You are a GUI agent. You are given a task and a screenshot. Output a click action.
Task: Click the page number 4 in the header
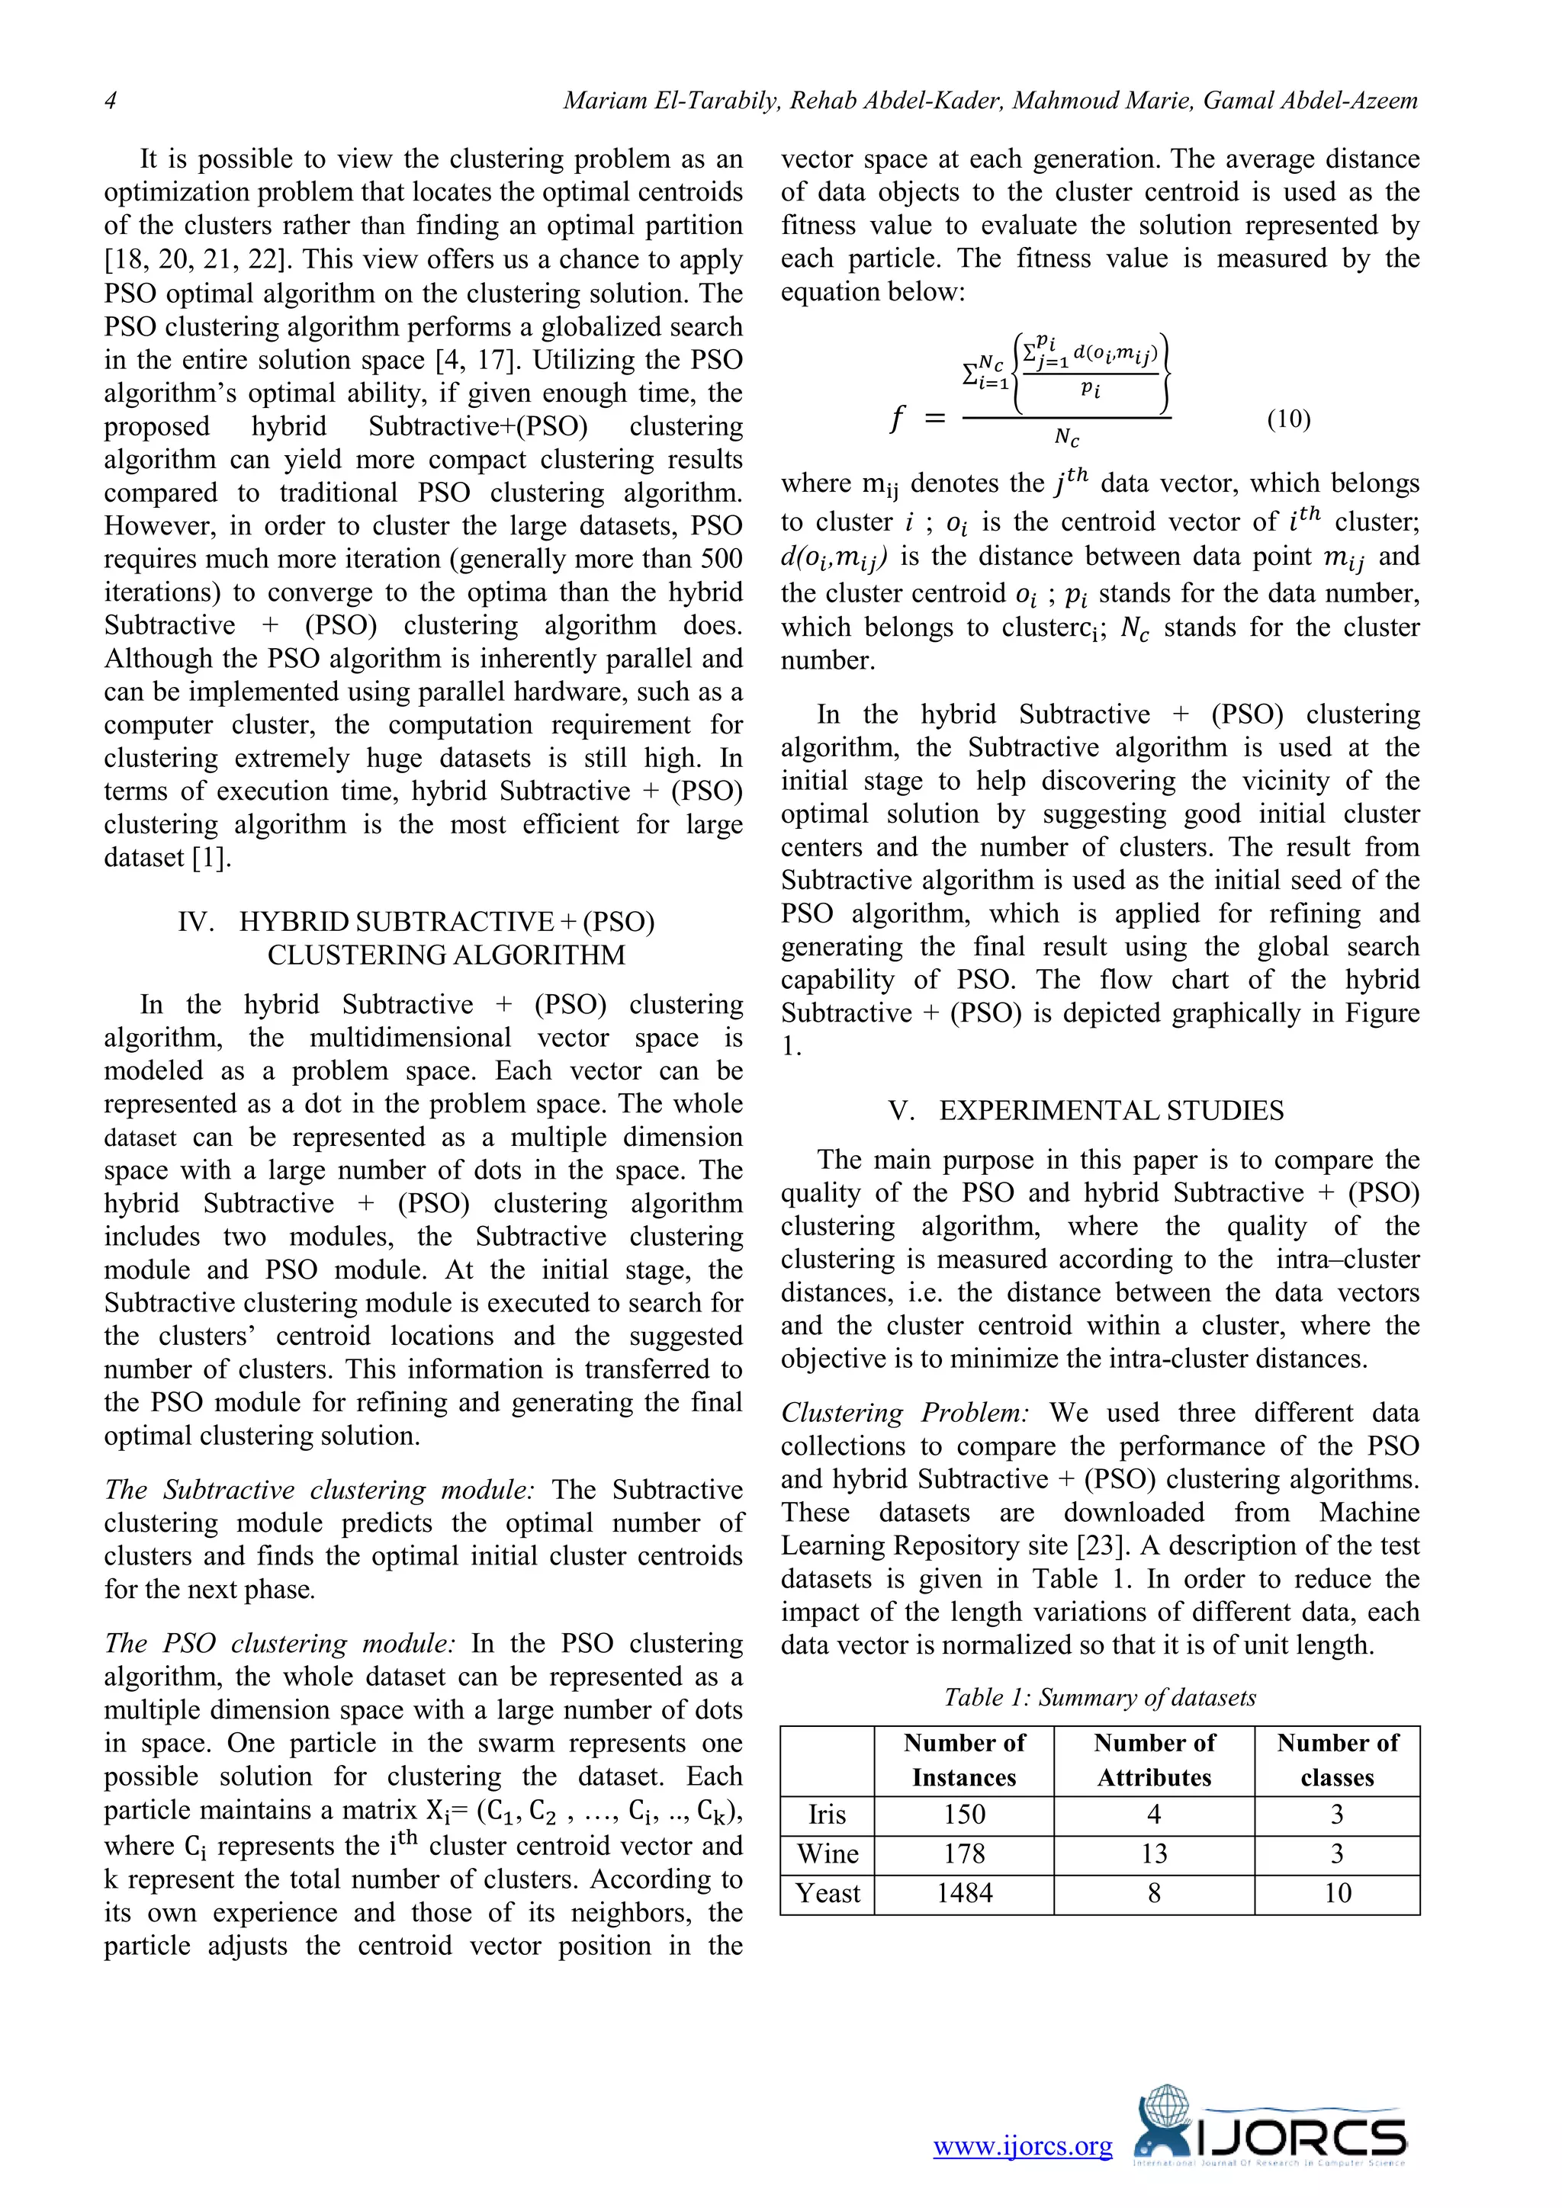[111, 101]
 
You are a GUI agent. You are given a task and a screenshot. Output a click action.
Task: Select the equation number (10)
[1288, 419]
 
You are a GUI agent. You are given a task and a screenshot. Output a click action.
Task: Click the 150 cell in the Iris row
[964, 1814]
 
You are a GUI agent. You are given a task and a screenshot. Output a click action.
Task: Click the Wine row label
[828, 1853]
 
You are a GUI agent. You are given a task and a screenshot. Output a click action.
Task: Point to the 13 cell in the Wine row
[1153, 1853]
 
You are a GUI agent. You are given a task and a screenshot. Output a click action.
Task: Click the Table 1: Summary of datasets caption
[1099, 1697]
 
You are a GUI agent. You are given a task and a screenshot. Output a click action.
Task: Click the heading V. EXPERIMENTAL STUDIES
[1086, 1111]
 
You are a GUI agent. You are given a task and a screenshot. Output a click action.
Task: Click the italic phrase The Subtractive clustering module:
[318, 1490]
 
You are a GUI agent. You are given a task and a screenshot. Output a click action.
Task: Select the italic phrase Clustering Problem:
[905, 1413]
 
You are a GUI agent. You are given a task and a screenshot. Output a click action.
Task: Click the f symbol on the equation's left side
[896, 419]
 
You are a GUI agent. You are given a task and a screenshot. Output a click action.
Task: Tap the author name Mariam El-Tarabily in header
[670, 101]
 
